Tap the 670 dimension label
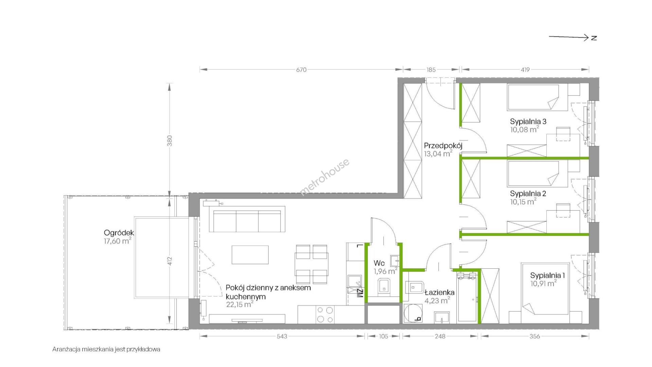coord(301,70)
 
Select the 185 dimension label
coord(431,70)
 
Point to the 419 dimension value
coord(525,70)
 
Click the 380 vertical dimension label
coord(170,140)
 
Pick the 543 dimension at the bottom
coord(282,336)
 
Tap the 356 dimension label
coord(535,336)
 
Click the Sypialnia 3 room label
coord(528,121)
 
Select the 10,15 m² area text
coord(523,201)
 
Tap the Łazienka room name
coord(439,293)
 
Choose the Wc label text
coord(379,263)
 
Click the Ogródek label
coord(119,233)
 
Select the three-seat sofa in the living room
coord(247,221)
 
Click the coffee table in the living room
coord(250,255)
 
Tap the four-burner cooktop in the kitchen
coord(325,314)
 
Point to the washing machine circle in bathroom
coord(413,313)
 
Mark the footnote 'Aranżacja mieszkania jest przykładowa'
coord(106,349)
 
